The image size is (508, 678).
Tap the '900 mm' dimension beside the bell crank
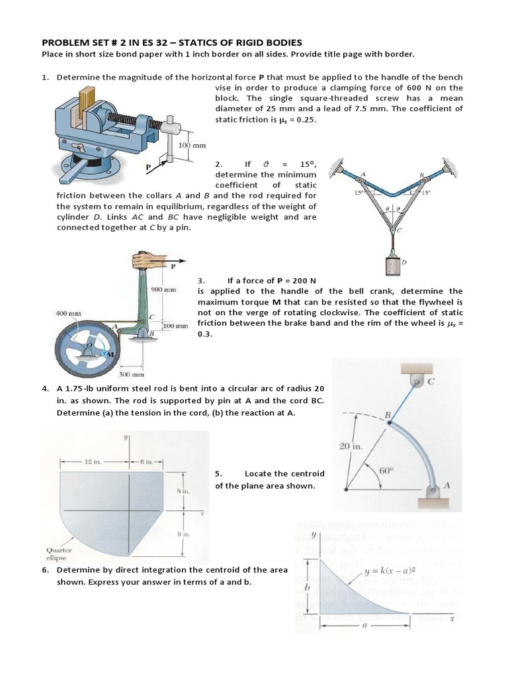(163, 289)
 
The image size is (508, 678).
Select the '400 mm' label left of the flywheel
(67, 313)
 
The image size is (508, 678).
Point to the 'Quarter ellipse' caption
(59, 553)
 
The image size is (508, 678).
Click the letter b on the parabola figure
(306, 587)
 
